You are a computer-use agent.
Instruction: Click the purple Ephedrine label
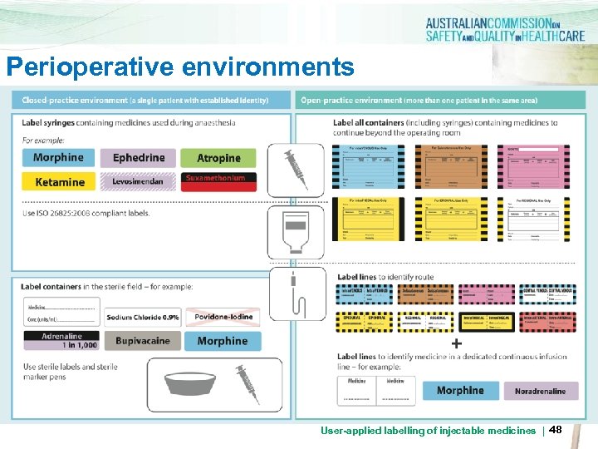click(139, 158)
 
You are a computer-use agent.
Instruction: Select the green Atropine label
click(218, 158)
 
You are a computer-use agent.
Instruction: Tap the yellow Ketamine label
click(59, 181)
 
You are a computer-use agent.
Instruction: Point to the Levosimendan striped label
click(139, 181)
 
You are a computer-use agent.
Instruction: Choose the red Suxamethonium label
click(218, 180)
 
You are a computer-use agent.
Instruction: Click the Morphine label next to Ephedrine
click(58, 158)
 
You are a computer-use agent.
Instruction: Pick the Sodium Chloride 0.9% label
click(142, 318)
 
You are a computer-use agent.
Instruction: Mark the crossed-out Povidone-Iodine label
click(222, 318)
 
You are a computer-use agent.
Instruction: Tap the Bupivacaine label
click(142, 341)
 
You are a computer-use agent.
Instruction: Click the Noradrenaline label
click(540, 391)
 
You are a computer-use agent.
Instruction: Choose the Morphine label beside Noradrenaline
click(460, 391)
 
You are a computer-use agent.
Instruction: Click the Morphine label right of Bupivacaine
click(222, 341)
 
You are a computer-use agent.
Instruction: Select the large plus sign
click(457, 343)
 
